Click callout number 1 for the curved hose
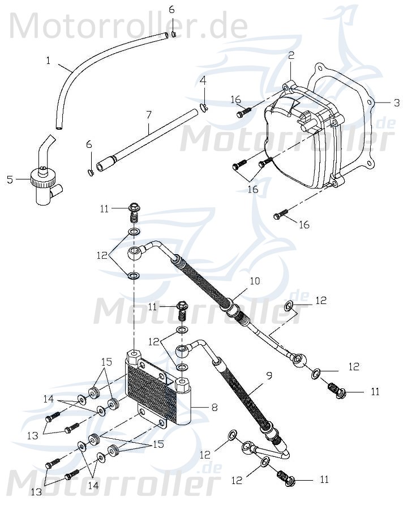click(x=49, y=59)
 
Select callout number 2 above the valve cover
click(x=291, y=55)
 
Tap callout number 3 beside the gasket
click(x=396, y=102)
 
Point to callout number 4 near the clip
click(x=203, y=80)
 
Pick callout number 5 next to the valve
click(x=9, y=180)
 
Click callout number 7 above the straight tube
click(x=149, y=114)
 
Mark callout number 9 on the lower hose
click(x=269, y=374)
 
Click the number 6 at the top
click(x=172, y=10)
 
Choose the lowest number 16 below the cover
click(x=304, y=225)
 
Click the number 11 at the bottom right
click(x=324, y=480)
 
